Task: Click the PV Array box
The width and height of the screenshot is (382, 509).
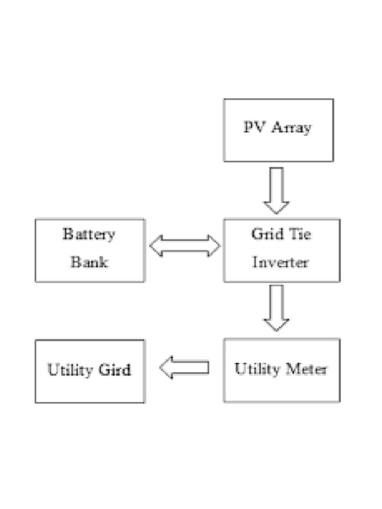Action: click(278, 130)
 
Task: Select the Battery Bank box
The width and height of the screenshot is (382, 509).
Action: click(90, 251)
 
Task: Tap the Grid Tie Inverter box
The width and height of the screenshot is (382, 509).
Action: click(282, 251)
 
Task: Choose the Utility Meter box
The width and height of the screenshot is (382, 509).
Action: click(282, 370)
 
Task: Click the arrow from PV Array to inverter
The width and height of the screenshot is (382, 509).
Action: click(276, 190)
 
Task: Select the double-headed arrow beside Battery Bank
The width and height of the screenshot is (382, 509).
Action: click(185, 246)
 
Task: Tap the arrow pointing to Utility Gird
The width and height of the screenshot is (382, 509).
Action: click(184, 368)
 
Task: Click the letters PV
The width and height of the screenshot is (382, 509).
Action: click(253, 127)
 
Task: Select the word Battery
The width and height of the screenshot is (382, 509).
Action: click(89, 234)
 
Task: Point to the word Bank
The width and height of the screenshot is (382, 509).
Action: click(89, 262)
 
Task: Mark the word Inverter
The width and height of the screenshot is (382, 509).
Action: click(281, 262)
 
